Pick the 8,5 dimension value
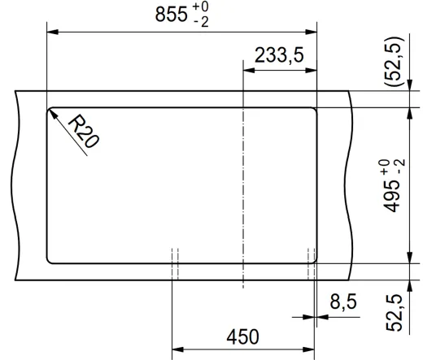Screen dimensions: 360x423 click(x=342, y=303)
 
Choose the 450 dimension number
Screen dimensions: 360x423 click(x=242, y=336)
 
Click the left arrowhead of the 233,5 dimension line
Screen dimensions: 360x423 click(x=248, y=70)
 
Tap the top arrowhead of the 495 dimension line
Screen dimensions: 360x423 click(x=406, y=111)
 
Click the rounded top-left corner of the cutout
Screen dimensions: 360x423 click(x=50, y=111)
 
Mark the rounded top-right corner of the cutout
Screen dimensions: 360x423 click(x=313, y=111)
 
